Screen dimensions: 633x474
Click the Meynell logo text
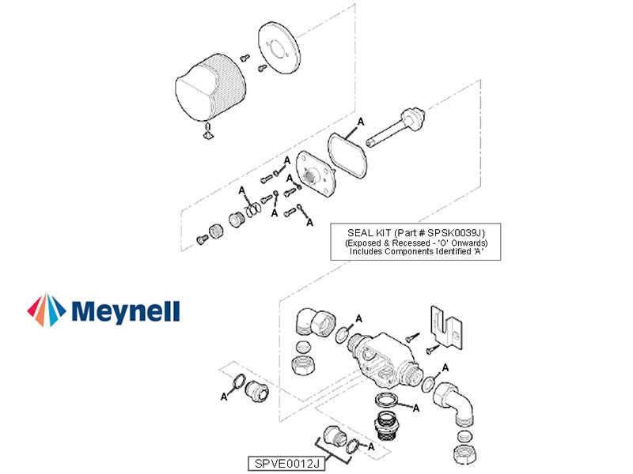126,311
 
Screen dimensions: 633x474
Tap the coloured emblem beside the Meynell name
47,310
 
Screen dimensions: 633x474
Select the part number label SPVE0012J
286,464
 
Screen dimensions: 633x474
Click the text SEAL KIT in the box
369,233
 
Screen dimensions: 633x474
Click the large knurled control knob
210,88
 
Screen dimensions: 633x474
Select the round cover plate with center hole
279,48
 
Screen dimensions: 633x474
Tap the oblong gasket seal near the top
347,155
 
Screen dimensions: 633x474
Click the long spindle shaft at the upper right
396,127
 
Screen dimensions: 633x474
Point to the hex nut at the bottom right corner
464,455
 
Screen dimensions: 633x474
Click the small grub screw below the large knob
208,132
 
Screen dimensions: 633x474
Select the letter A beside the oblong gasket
361,122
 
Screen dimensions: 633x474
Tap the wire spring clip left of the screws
252,209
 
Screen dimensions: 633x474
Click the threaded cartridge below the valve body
387,425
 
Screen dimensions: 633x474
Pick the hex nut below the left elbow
303,365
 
